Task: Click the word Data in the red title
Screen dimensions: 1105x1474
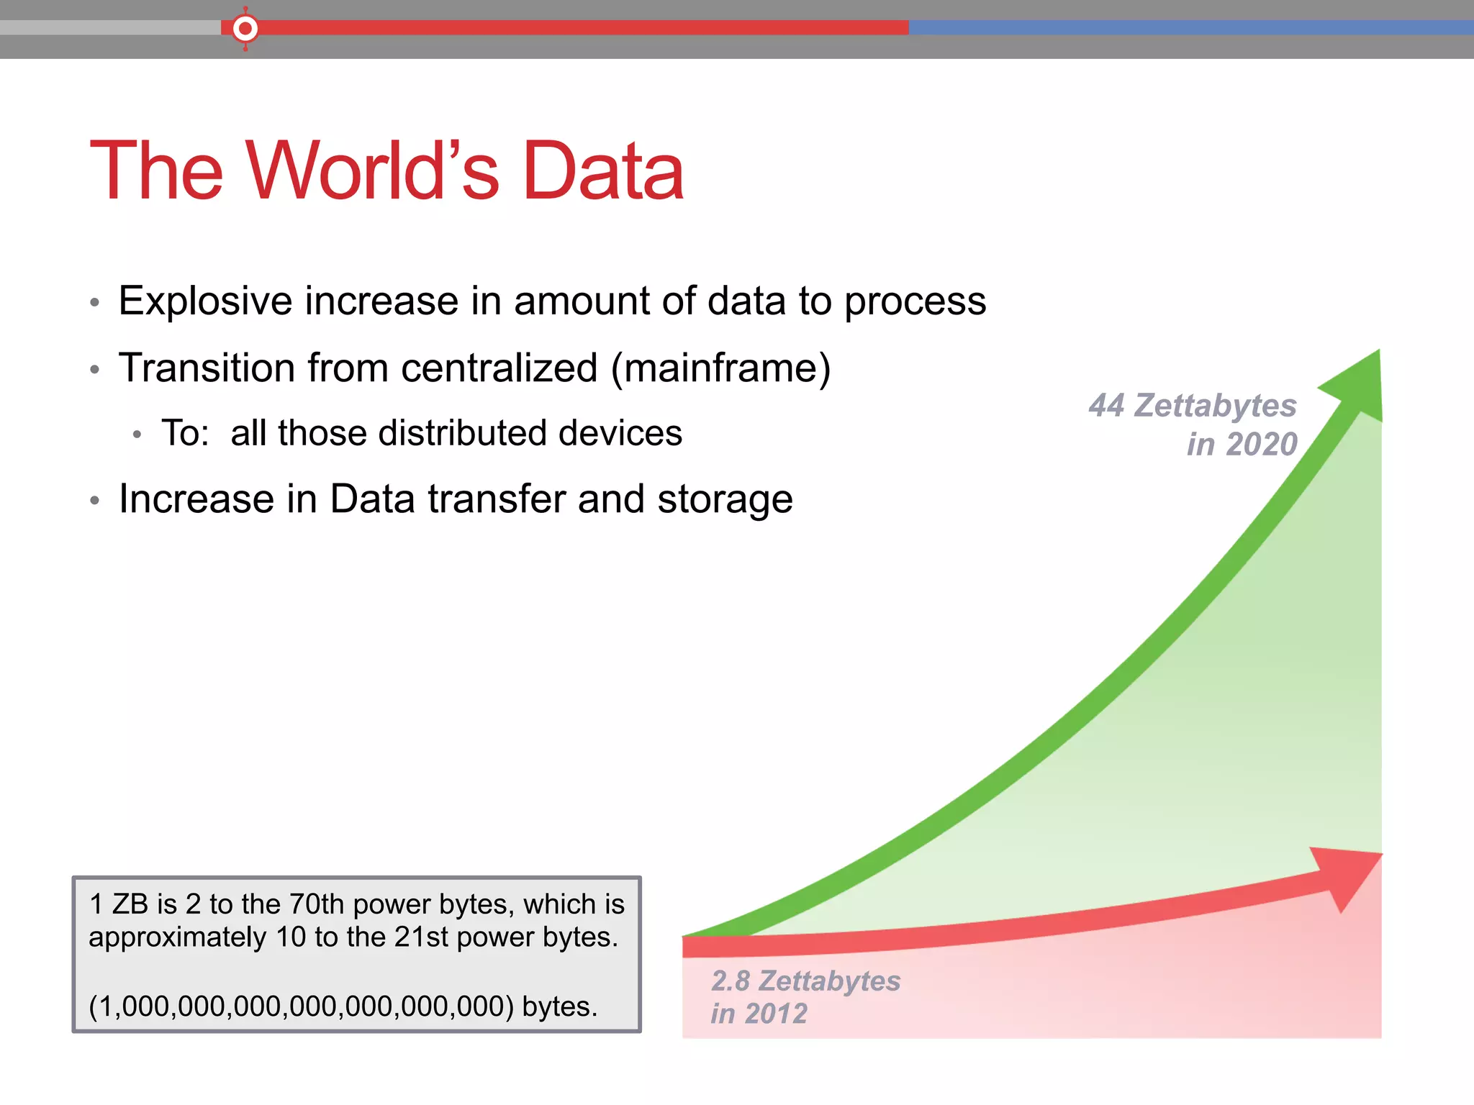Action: click(603, 170)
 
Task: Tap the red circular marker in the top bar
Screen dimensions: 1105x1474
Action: click(245, 29)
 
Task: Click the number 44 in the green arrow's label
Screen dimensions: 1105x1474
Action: click(1106, 406)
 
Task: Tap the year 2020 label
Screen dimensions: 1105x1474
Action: click(1262, 445)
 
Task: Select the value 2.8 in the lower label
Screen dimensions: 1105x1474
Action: click(731, 981)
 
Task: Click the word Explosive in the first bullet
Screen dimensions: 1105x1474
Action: click(205, 301)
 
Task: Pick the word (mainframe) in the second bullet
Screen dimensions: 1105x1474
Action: click(720, 368)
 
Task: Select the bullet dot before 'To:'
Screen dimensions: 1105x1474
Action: click(137, 435)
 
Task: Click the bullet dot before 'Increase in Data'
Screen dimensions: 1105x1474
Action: click(94, 501)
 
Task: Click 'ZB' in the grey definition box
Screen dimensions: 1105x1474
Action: click(130, 904)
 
